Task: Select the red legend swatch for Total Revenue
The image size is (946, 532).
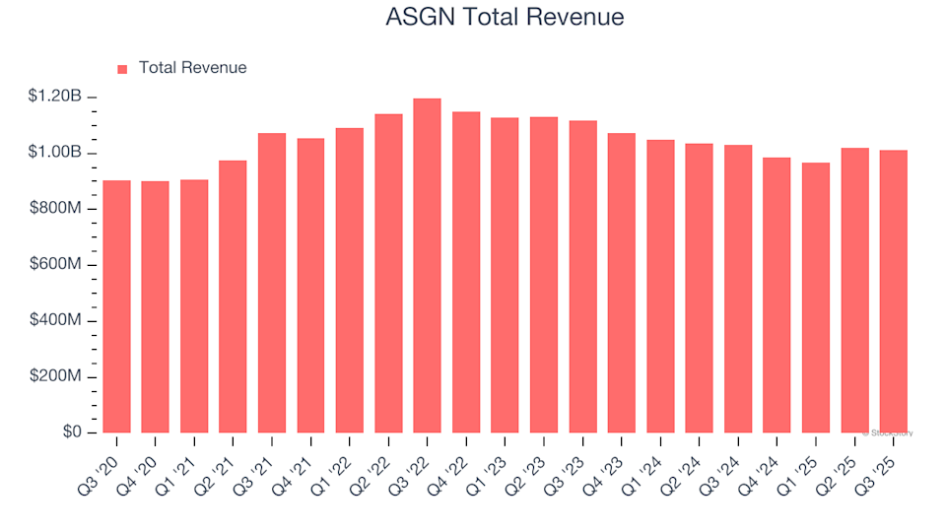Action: (122, 69)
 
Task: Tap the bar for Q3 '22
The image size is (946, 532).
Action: (427, 266)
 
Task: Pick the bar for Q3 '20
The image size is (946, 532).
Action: (116, 306)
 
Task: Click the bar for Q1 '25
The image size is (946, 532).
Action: (815, 298)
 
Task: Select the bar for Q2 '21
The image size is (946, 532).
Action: (233, 297)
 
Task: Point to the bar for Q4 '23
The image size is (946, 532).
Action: (621, 283)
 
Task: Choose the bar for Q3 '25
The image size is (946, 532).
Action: (893, 292)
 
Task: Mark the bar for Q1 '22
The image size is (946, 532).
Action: (349, 281)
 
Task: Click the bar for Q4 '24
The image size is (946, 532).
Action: (777, 296)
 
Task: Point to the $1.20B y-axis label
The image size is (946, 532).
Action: (55, 97)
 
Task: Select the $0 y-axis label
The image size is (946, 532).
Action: (72, 433)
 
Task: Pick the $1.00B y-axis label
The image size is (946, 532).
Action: (55, 153)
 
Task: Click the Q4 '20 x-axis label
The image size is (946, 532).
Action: (142, 459)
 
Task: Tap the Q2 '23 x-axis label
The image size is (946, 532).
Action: (530, 459)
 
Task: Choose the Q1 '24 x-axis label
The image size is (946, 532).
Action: (646, 459)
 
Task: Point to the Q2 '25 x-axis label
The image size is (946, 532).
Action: (841, 459)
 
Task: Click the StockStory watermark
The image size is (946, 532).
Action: (889, 432)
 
